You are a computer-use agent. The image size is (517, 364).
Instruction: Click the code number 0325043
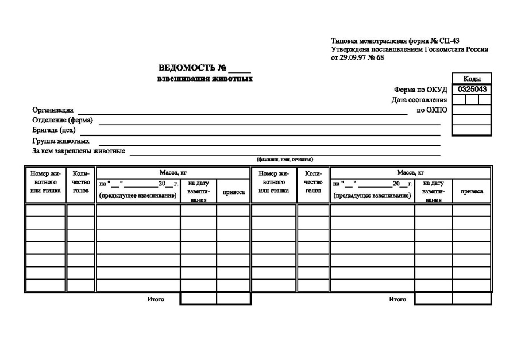click(472, 90)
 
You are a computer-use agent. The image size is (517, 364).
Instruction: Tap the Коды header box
click(472, 79)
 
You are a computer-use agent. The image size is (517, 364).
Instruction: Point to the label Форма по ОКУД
click(420, 90)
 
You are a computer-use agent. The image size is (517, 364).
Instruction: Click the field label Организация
click(53, 110)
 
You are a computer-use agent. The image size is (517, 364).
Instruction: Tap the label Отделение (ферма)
click(63, 121)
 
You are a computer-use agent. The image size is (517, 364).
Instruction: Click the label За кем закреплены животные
click(79, 151)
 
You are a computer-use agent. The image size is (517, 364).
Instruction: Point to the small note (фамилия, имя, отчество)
click(285, 159)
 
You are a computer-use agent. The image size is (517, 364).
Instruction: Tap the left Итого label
click(156, 299)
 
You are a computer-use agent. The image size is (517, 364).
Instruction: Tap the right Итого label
click(397, 299)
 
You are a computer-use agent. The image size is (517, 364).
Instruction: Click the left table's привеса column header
click(234, 192)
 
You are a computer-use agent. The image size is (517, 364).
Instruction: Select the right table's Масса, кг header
click(411, 172)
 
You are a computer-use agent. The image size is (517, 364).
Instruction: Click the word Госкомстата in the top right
click(442, 49)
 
